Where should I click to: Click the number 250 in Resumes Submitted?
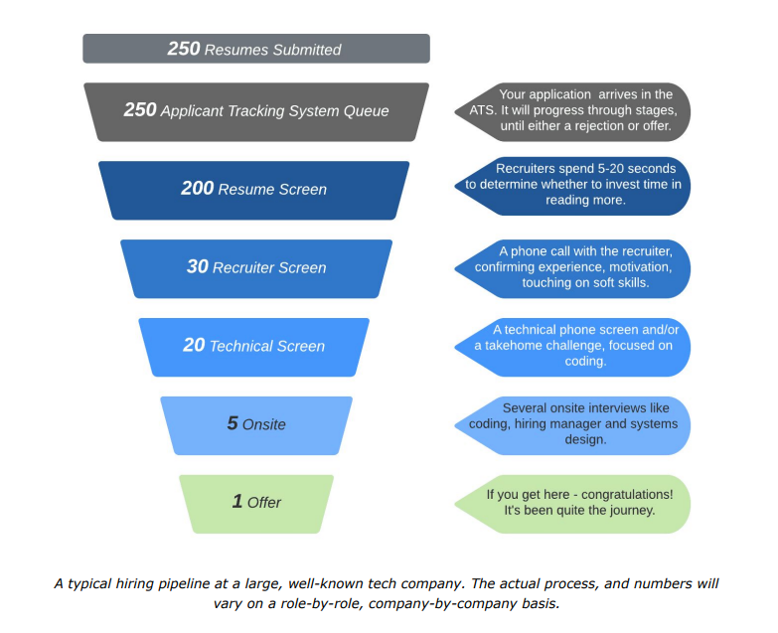[184, 49]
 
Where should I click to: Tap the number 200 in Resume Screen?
[198, 188]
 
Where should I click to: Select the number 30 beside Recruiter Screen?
[198, 266]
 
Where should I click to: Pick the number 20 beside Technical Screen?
[194, 345]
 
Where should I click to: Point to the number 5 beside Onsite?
[233, 423]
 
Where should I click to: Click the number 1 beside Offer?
[237, 502]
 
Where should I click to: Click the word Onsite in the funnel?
[264, 424]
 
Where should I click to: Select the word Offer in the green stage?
[264, 503]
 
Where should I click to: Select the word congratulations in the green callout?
[627, 495]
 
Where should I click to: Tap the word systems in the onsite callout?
[655, 424]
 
